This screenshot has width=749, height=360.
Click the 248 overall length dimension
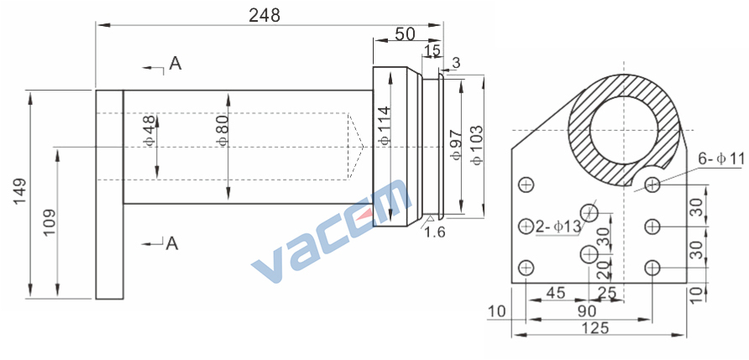pyautogui.click(x=265, y=15)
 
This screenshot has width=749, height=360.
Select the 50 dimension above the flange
pyautogui.click(x=405, y=34)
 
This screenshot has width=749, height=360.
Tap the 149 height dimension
pyautogui.click(x=19, y=192)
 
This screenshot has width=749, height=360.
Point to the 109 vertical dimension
pyautogui.click(x=50, y=222)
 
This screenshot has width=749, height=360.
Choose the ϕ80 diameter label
pyautogui.click(x=223, y=130)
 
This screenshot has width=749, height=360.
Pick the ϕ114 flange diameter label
pyautogui.click(x=385, y=125)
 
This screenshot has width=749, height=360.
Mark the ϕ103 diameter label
pyautogui.click(x=476, y=145)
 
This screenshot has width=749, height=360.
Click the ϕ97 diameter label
pyautogui.click(x=457, y=144)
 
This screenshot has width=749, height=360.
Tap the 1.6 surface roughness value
pyautogui.click(x=435, y=232)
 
